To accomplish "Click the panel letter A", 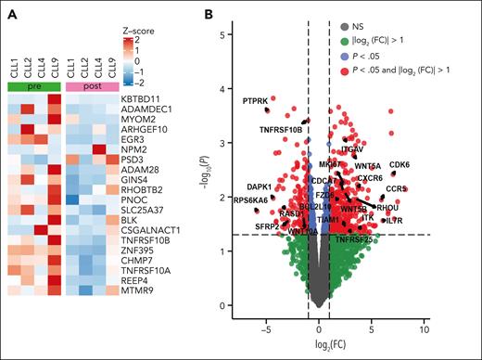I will coord(7,13).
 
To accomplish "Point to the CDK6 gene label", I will coord(400,165).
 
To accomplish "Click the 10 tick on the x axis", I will coord(425,329).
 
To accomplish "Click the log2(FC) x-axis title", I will coord(344,348).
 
